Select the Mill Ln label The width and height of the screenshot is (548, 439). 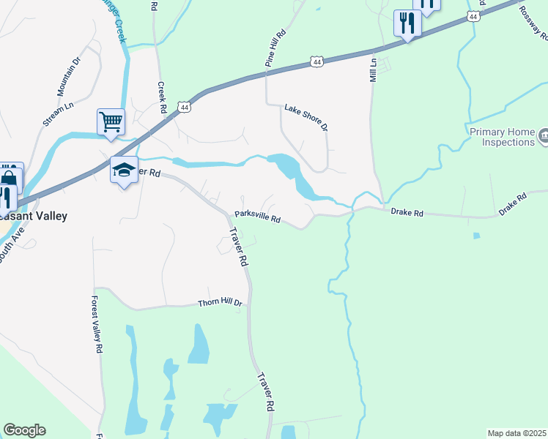(373, 70)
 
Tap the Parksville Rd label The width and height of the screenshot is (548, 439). (258, 217)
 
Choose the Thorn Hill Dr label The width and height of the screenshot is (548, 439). (220, 302)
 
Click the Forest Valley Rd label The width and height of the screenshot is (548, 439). (96, 325)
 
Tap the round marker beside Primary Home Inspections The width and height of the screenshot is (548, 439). (544, 135)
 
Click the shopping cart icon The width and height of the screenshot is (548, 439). (111, 121)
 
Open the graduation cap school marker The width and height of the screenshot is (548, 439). (124, 170)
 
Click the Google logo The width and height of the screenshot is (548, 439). (24, 430)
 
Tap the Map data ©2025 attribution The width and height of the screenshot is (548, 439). (516, 433)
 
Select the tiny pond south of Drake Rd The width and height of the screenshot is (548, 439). (477, 236)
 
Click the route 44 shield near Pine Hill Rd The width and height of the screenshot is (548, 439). (316, 62)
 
